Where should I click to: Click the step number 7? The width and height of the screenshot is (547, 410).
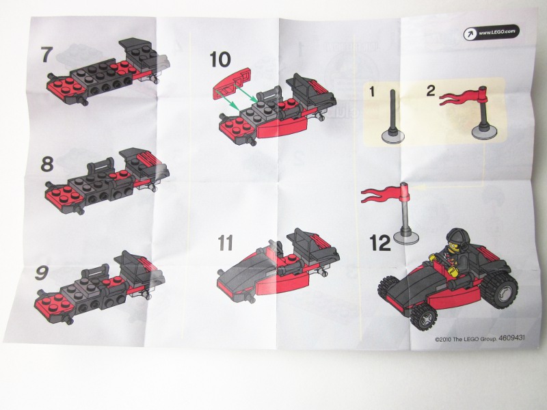click(x=46, y=55)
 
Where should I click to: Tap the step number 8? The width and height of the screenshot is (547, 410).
click(x=47, y=164)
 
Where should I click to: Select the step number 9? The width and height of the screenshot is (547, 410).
click(x=41, y=273)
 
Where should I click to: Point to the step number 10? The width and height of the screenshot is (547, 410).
click(x=220, y=59)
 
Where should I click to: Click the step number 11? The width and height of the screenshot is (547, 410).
click(x=226, y=243)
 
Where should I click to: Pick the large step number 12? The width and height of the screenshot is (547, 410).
click(x=380, y=243)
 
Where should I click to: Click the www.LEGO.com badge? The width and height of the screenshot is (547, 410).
click(x=491, y=32)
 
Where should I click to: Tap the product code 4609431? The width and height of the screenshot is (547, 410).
click(x=511, y=338)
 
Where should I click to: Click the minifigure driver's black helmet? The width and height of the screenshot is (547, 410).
click(x=456, y=238)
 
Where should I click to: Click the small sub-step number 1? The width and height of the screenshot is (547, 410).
click(x=372, y=92)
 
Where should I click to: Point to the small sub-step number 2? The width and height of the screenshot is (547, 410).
click(x=431, y=91)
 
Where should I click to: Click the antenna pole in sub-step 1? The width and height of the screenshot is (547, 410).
click(x=393, y=111)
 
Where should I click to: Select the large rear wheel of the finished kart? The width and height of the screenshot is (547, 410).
click(x=499, y=290)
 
